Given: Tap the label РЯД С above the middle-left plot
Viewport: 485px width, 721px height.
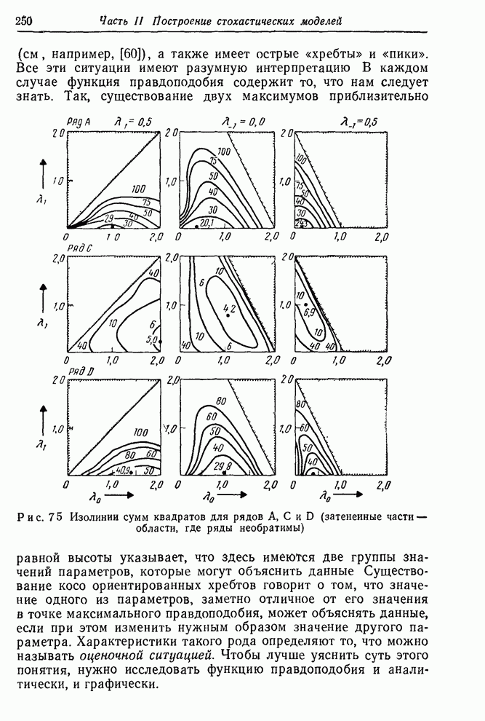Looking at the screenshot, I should tap(79, 249).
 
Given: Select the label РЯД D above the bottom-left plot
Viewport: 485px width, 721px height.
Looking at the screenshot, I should tap(79, 373).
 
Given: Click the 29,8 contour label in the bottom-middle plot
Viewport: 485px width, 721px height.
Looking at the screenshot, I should tap(223, 465).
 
